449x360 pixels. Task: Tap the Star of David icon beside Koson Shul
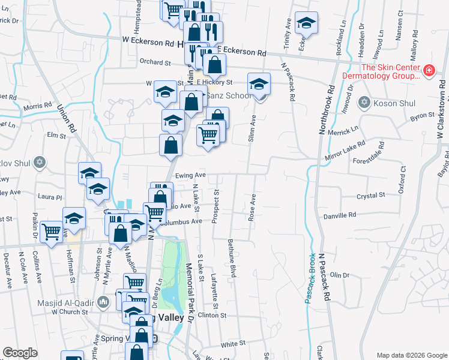click(x=364, y=103)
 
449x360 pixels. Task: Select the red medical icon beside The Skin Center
click(x=429, y=71)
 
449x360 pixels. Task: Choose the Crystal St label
click(x=370, y=196)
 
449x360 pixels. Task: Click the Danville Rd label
click(x=340, y=216)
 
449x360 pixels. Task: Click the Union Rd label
click(x=67, y=118)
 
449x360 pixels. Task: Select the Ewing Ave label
click(x=191, y=176)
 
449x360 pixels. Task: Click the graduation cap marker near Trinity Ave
click(x=306, y=23)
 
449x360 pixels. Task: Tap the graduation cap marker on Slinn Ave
click(x=259, y=83)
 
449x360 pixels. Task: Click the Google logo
click(x=20, y=353)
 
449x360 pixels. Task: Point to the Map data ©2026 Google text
click(x=411, y=355)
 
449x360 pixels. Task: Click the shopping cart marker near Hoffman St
click(x=51, y=231)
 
